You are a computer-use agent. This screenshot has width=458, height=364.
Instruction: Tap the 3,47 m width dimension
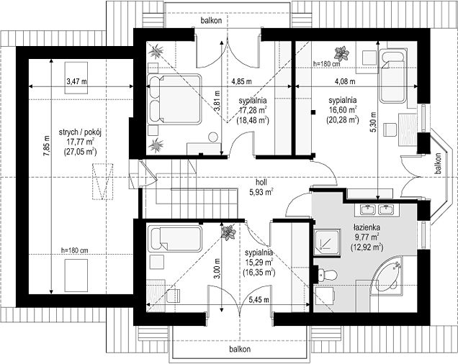tap(77, 81)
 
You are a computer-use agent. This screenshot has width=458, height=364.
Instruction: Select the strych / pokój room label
tap(80, 132)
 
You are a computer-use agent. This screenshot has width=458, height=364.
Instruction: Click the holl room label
tap(261, 182)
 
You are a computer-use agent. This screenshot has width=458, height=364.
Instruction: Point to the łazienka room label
tap(366, 227)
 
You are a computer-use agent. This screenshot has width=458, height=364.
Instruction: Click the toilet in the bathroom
tap(327, 274)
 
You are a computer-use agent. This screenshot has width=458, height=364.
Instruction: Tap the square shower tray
tap(327, 242)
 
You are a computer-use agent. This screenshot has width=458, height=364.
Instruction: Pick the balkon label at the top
tap(211, 20)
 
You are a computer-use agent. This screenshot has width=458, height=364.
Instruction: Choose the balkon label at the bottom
tap(240, 349)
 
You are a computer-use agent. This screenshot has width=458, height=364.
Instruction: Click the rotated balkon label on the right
tap(438, 164)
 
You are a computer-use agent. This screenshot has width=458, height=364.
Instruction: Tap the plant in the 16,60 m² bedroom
tap(341, 53)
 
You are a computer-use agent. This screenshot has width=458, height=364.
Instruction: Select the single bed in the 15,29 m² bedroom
tap(175, 239)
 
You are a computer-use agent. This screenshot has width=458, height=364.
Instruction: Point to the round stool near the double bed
tap(214, 137)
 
